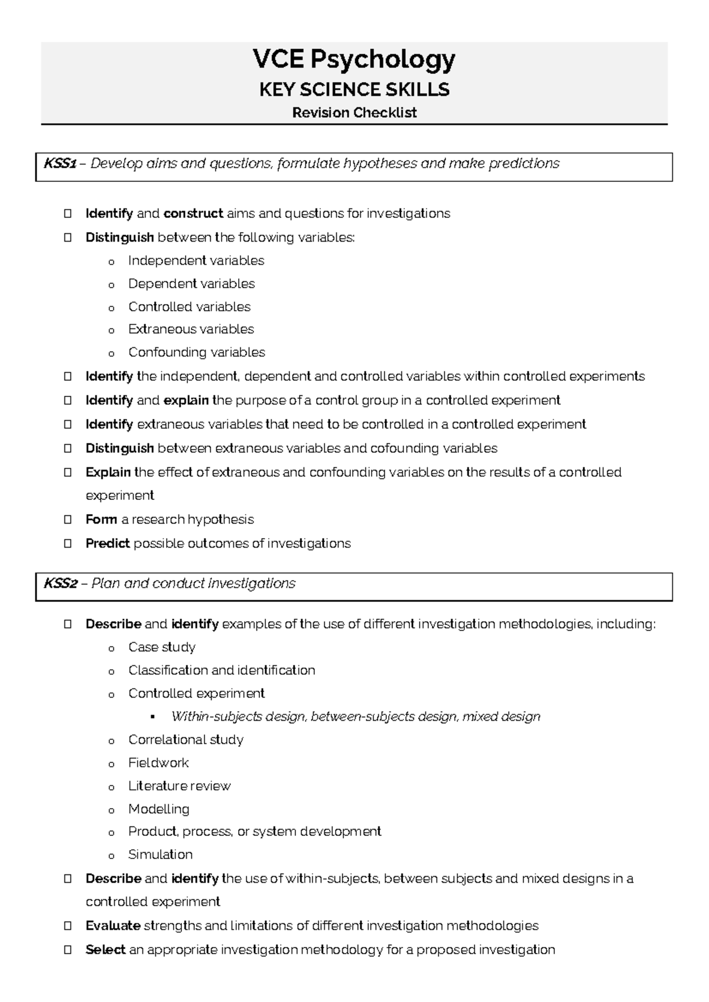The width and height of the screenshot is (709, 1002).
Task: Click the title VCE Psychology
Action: [354, 60]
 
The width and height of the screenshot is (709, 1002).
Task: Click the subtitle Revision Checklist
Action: [354, 113]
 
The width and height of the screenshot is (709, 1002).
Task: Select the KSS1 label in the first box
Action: [60, 164]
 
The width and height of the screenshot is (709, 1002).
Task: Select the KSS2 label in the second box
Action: [60, 584]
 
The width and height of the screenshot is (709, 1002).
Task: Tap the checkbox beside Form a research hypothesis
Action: [68, 520]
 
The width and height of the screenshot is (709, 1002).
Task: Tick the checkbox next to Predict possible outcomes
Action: [68, 544]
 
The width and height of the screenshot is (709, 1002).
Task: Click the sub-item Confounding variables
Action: [196, 353]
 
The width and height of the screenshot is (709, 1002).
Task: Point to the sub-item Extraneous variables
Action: [191, 330]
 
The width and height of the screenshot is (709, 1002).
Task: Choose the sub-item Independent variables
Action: [196, 261]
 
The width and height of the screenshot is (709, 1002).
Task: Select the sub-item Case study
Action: [161, 648]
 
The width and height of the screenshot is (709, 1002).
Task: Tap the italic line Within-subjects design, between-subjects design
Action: [355, 717]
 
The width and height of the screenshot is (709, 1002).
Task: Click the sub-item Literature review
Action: [179, 786]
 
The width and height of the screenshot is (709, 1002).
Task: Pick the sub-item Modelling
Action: [158, 809]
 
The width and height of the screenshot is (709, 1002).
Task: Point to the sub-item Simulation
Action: [160, 855]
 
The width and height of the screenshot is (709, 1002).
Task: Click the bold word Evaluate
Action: [113, 926]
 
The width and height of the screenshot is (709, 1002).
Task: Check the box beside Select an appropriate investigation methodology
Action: [68, 950]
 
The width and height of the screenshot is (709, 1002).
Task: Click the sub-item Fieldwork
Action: [158, 763]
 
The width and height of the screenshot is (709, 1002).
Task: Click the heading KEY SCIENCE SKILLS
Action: [354, 90]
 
